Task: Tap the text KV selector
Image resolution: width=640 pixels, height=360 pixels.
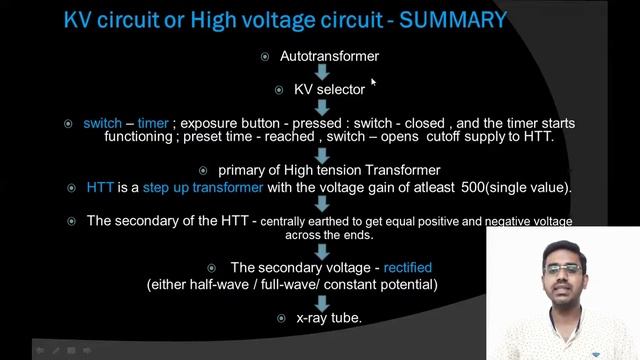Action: click(x=329, y=90)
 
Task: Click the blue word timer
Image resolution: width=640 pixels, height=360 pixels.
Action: click(x=153, y=124)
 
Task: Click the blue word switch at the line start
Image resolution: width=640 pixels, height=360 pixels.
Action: click(x=102, y=124)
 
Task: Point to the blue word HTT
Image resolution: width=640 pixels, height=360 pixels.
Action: click(x=100, y=188)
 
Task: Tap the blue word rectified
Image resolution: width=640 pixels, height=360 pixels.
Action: click(x=407, y=268)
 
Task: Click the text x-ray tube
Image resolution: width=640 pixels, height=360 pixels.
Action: click(x=329, y=318)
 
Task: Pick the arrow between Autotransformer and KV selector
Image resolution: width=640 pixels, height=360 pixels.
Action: click(x=323, y=73)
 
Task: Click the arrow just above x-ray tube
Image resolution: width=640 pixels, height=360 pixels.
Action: click(x=322, y=299)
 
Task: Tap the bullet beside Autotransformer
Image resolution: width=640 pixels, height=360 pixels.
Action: click(x=264, y=57)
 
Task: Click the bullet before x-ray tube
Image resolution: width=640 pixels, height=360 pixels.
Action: click(x=282, y=318)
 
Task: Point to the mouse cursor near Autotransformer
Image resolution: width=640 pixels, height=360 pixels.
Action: click(x=373, y=83)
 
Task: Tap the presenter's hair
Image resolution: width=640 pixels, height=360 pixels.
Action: click(x=561, y=248)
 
